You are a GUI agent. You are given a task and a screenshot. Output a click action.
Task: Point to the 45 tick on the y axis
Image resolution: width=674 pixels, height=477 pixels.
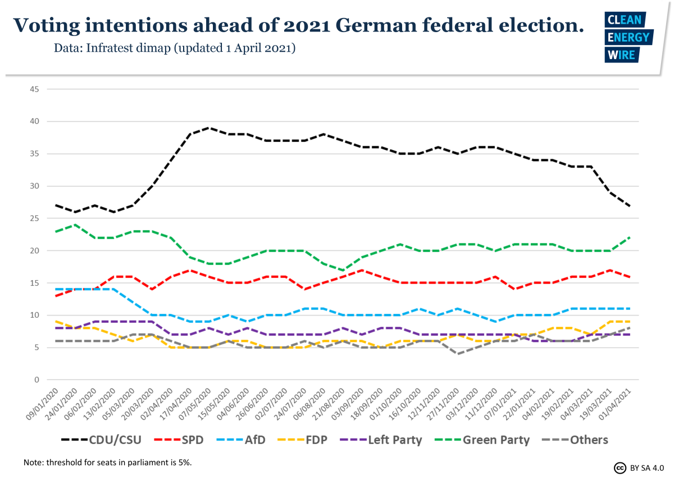tap(34, 89)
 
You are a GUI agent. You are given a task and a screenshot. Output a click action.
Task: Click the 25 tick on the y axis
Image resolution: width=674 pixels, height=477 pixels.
tap(34, 218)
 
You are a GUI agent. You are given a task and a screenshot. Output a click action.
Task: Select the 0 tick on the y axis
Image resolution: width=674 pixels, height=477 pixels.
tap(36, 380)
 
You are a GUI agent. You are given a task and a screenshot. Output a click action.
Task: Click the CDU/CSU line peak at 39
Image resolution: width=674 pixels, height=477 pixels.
tap(209, 128)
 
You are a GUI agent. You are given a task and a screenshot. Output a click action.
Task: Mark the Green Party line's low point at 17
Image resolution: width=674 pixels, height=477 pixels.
tap(343, 270)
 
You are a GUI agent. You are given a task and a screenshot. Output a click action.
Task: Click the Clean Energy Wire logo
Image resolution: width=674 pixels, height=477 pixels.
tap(627, 37)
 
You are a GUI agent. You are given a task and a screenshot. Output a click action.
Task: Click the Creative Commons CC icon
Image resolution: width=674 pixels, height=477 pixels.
tap(620, 467)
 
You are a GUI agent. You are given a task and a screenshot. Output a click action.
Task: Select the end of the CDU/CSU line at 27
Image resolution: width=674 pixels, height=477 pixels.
tap(629, 206)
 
